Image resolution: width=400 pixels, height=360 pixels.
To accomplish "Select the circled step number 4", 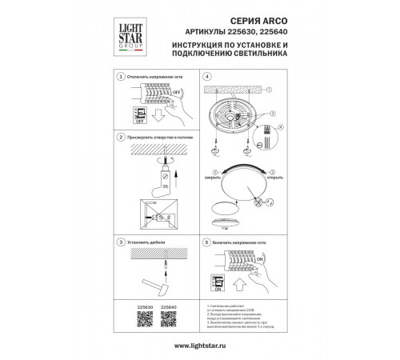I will [206, 75].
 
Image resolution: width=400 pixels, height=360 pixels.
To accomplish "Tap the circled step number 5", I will [206, 240].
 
